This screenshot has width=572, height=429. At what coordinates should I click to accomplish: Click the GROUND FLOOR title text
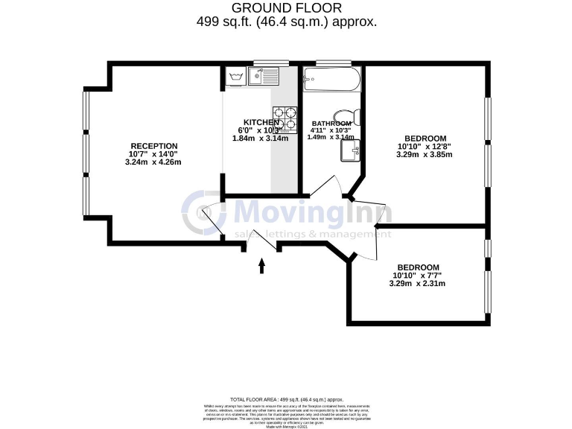pyautogui.click(x=287, y=7)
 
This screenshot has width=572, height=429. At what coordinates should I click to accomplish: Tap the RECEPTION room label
pyautogui.click(x=154, y=146)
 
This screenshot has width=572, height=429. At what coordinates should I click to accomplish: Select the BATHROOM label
pyautogui.click(x=331, y=124)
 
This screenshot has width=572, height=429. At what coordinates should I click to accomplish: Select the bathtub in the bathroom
pyautogui.click(x=332, y=77)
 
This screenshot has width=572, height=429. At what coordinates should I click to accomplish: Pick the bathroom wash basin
pyautogui.click(x=350, y=150)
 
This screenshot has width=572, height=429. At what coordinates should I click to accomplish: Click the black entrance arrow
pyautogui.click(x=261, y=266)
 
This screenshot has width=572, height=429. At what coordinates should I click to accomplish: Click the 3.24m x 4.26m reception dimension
pyautogui.click(x=155, y=162)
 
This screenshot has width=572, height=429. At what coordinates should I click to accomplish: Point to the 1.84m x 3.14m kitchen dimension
pyautogui.click(x=260, y=138)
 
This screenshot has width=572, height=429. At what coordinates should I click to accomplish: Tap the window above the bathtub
pyautogui.click(x=332, y=63)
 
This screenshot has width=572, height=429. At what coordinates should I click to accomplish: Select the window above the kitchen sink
pyautogui.click(x=270, y=63)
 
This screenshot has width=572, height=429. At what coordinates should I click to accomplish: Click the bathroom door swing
pyautogui.click(x=325, y=188)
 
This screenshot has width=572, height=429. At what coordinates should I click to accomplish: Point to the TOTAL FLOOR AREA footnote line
pyautogui.click(x=286, y=400)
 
